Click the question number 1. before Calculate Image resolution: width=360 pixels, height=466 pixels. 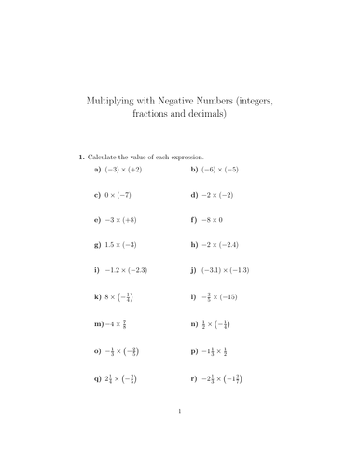[x=82, y=156]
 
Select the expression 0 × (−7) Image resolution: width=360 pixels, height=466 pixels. [x=124, y=196]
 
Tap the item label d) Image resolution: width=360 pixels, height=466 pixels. [x=194, y=196]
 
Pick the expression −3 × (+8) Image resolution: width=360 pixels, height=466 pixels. [x=128, y=221]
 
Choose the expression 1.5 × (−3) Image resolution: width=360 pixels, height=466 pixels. [x=128, y=246]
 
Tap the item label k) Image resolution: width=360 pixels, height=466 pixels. [x=98, y=297]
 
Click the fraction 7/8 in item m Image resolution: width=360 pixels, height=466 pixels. [x=123, y=324]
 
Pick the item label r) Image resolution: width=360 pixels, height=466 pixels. [x=194, y=379]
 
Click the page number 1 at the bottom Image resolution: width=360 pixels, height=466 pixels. [x=180, y=435]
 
